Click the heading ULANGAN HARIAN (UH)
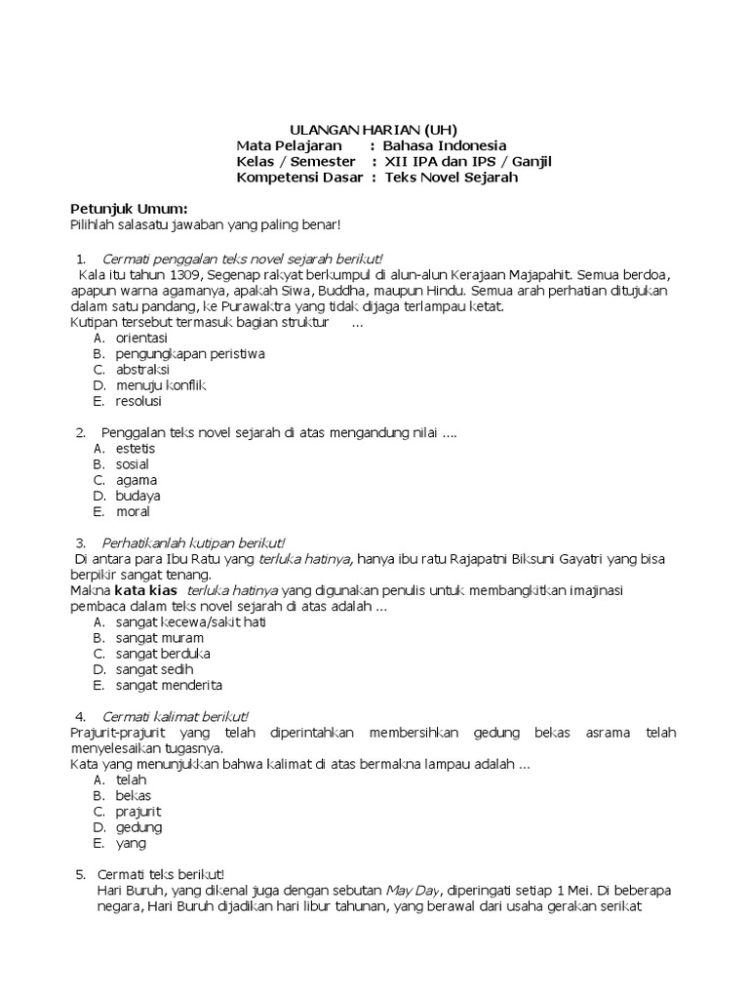coord(374,130)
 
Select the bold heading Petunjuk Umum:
coord(129,209)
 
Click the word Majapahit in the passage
coord(536,274)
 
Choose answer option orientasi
coord(141,338)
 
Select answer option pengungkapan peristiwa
coord(190,353)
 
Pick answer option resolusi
coord(138,401)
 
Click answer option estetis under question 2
coord(136,448)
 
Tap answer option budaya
coord(138,496)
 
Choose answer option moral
coord(133,511)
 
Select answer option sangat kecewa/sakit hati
coord(190,621)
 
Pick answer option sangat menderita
coord(169,685)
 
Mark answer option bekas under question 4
coord(133,796)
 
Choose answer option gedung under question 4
coord(138,827)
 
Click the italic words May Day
coord(414,891)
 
